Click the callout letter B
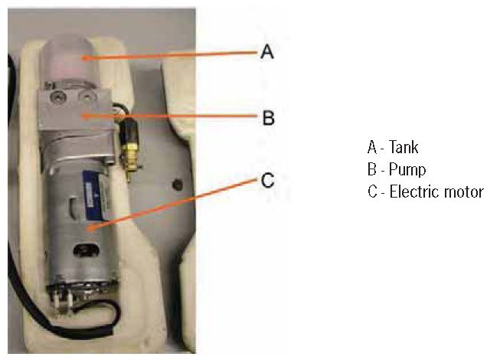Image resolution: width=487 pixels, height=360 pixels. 268,118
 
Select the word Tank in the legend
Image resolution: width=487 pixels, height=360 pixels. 404,147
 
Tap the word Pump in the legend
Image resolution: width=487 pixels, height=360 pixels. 406,169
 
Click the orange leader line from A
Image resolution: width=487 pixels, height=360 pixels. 168,54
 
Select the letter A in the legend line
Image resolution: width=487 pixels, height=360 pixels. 372,147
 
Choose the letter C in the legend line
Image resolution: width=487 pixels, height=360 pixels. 372,191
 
